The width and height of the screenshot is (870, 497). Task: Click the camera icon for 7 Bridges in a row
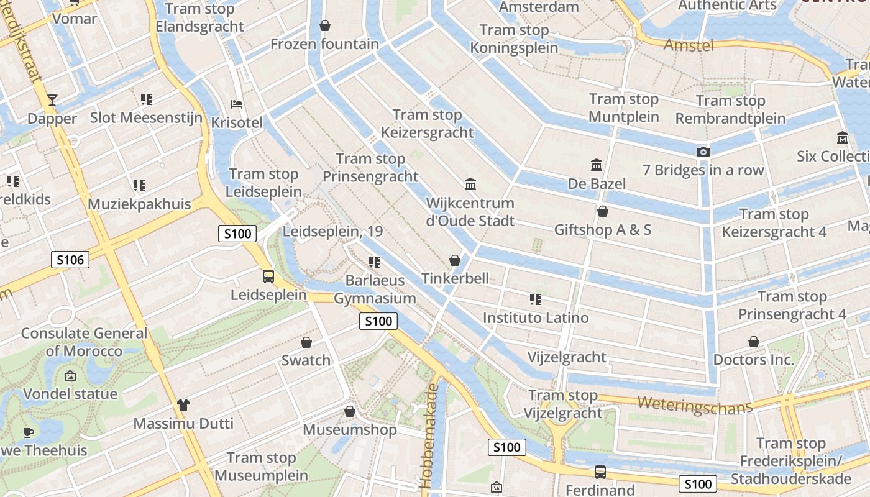(703, 152)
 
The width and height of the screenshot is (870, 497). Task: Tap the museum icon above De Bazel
(597, 165)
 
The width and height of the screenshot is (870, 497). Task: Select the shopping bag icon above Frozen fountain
(324, 25)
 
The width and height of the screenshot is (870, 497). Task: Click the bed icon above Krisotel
(237, 104)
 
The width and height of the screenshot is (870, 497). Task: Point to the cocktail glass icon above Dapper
(52, 99)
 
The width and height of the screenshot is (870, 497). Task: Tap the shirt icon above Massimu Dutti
(183, 405)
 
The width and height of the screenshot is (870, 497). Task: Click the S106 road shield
(70, 260)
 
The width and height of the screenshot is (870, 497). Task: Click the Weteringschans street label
(694, 404)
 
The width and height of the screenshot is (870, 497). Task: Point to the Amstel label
(689, 45)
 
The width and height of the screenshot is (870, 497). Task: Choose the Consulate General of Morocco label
(84, 342)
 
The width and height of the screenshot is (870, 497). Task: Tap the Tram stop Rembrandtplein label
(730, 109)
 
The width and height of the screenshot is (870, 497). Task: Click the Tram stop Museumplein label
(261, 467)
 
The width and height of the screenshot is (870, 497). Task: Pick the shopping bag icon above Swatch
(306, 342)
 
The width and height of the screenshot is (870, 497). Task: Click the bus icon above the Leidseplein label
(268, 276)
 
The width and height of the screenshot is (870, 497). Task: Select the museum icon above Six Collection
(843, 137)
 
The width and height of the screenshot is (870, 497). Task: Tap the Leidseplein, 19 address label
(332, 231)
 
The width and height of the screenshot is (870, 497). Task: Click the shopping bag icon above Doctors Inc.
(753, 342)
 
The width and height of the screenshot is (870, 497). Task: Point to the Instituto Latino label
(536, 317)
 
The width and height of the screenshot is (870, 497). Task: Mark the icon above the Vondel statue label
(70, 376)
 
